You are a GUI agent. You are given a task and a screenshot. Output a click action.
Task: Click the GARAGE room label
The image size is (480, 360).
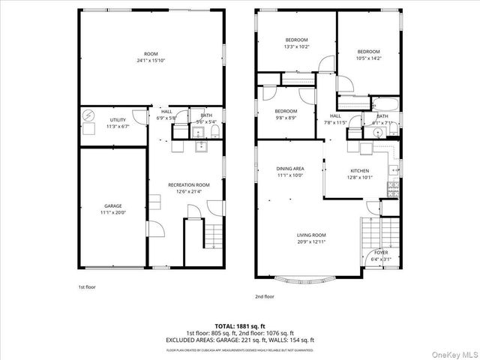pyautogui.click(x=113, y=205)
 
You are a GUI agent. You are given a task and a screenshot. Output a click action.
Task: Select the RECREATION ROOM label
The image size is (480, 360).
pyautogui.click(x=188, y=184)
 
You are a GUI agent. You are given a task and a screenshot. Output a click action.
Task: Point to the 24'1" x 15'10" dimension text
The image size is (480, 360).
pyautogui.click(x=151, y=61)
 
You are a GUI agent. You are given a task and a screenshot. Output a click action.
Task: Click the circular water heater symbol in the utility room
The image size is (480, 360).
pyautogui.click(x=89, y=116)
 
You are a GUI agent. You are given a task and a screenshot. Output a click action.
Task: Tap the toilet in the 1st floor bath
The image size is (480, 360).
pyautogui.click(x=215, y=132)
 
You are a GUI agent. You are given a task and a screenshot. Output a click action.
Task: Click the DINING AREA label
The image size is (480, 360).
pyautogui.click(x=289, y=169)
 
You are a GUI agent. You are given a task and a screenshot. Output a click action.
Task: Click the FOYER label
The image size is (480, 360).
pyautogui.click(x=381, y=252)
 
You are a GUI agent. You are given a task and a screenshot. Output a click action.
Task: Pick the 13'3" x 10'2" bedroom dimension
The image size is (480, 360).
pyautogui.click(x=297, y=46)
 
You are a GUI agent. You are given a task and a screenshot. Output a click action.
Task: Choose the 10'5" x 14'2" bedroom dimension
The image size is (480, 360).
pyautogui.click(x=368, y=58)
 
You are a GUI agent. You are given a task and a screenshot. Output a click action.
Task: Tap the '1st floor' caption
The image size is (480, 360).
pyautogui.click(x=87, y=286)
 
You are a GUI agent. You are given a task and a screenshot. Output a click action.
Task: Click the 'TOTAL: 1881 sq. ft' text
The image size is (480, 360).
pyautogui.click(x=240, y=326)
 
